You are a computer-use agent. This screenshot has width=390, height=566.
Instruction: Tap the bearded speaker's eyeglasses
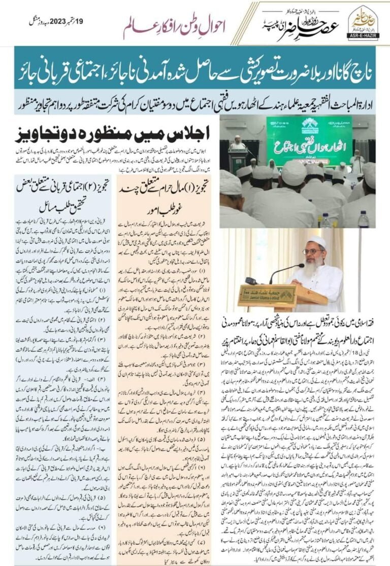pos(315,252)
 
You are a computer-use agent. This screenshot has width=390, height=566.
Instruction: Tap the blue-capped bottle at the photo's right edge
pos(363,219)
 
